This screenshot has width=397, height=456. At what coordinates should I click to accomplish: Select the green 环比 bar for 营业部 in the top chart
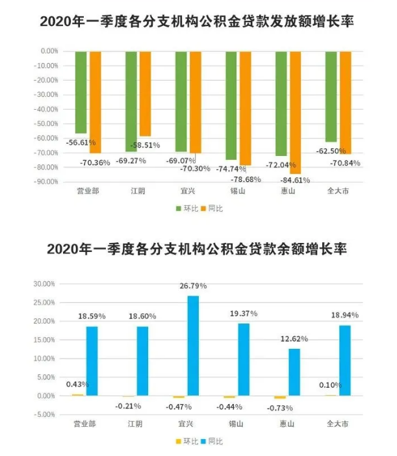pyautogui.click(x=81, y=91)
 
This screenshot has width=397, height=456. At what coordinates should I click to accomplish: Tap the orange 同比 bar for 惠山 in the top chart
pyautogui.click(x=296, y=110)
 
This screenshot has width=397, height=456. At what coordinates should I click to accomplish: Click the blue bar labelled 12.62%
pyautogui.click(x=295, y=372)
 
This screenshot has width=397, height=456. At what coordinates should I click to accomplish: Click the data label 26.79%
pyautogui.click(x=193, y=286)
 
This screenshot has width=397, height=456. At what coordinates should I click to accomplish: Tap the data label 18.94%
pyautogui.click(x=345, y=315)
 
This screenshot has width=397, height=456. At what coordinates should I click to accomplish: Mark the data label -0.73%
pyautogui.click(x=279, y=407)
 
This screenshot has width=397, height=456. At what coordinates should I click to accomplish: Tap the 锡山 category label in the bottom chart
pyautogui.click(x=237, y=424)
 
